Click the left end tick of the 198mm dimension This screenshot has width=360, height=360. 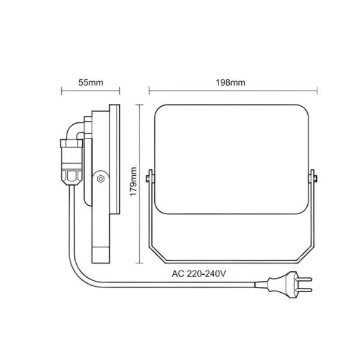click(x=149, y=92)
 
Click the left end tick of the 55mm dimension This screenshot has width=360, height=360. click(x=62, y=92)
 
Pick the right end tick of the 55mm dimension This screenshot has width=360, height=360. click(x=120, y=92)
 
